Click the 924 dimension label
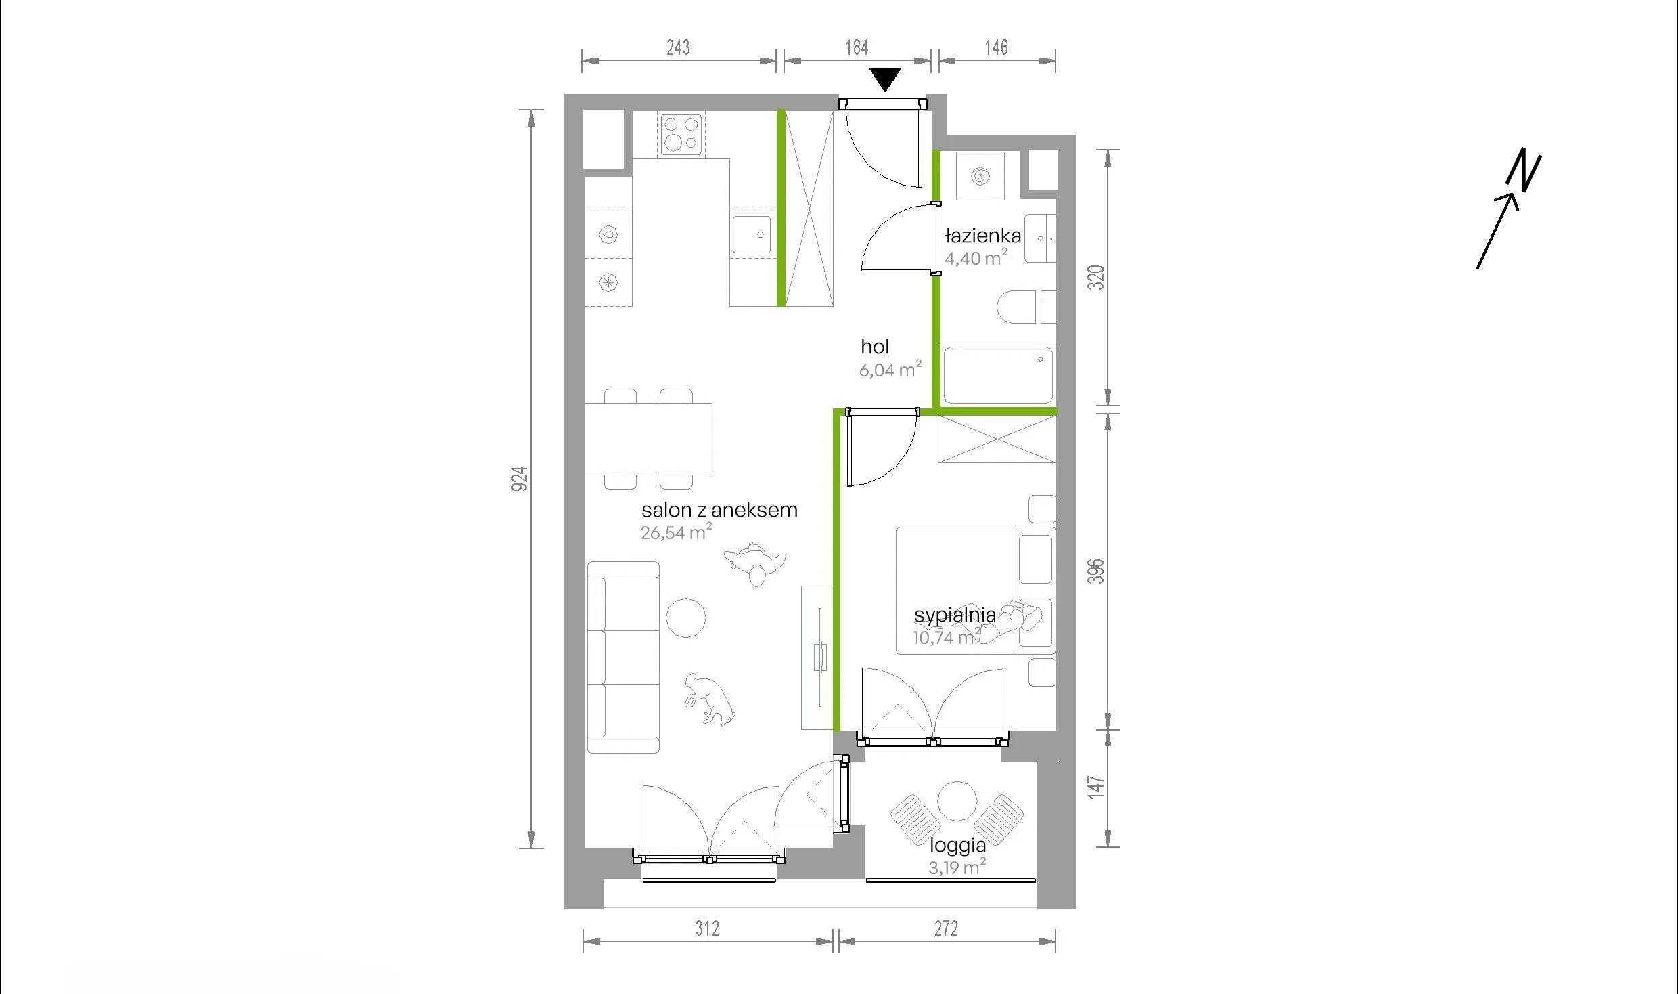click(x=519, y=479)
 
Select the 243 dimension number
click(x=678, y=47)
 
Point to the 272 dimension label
click(x=946, y=928)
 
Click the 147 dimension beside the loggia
click(x=1096, y=787)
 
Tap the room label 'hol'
click(x=874, y=347)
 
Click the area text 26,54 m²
click(x=677, y=532)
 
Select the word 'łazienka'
click(x=982, y=236)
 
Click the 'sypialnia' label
click(x=955, y=615)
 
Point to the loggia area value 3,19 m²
click(x=957, y=867)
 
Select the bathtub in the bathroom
click(x=998, y=375)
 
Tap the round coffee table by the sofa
click(x=686, y=618)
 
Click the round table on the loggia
click(x=957, y=802)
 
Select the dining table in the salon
click(x=648, y=439)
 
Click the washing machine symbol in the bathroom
click(x=980, y=177)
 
